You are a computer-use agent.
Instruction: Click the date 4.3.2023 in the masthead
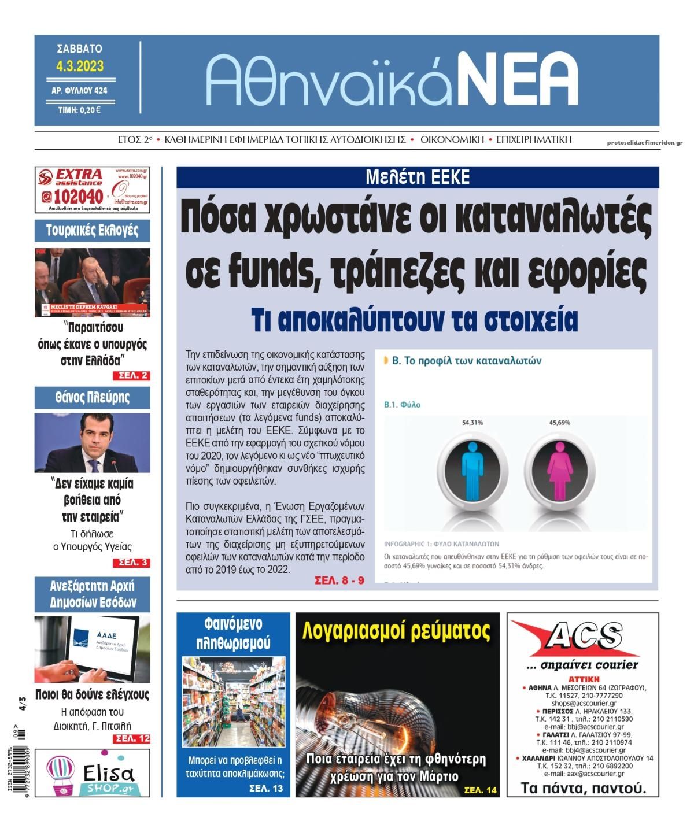(x=80, y=66)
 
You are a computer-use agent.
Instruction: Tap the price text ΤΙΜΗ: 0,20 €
(x=79, y=110)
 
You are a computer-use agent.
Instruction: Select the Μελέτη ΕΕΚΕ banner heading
(x=417, y=177)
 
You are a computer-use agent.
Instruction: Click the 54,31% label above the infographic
(x=472, y=423)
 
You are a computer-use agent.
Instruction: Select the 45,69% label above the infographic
(x=559, y=423)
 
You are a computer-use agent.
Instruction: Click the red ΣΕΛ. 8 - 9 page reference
(x=339, y=580)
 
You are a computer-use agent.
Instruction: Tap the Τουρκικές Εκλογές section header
(x=93, y=231)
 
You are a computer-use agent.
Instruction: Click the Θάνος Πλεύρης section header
(x=93, y=398)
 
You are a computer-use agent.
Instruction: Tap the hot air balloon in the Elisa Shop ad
(x=61, y=774)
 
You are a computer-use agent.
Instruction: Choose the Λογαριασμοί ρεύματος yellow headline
(x=397, y=631)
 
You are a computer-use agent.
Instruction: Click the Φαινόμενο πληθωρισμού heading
(x=233, y=633)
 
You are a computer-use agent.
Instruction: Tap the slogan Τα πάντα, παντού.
(x=583, y=787)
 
